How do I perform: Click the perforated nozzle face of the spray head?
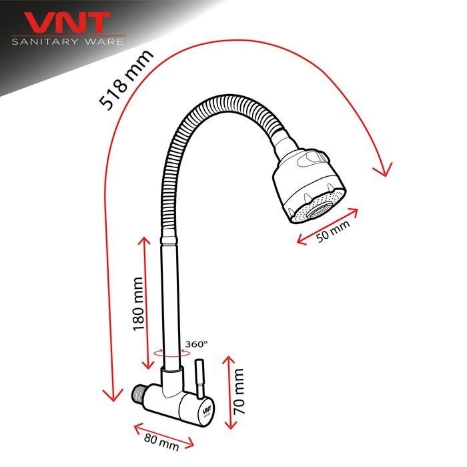(x=312, y=210)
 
